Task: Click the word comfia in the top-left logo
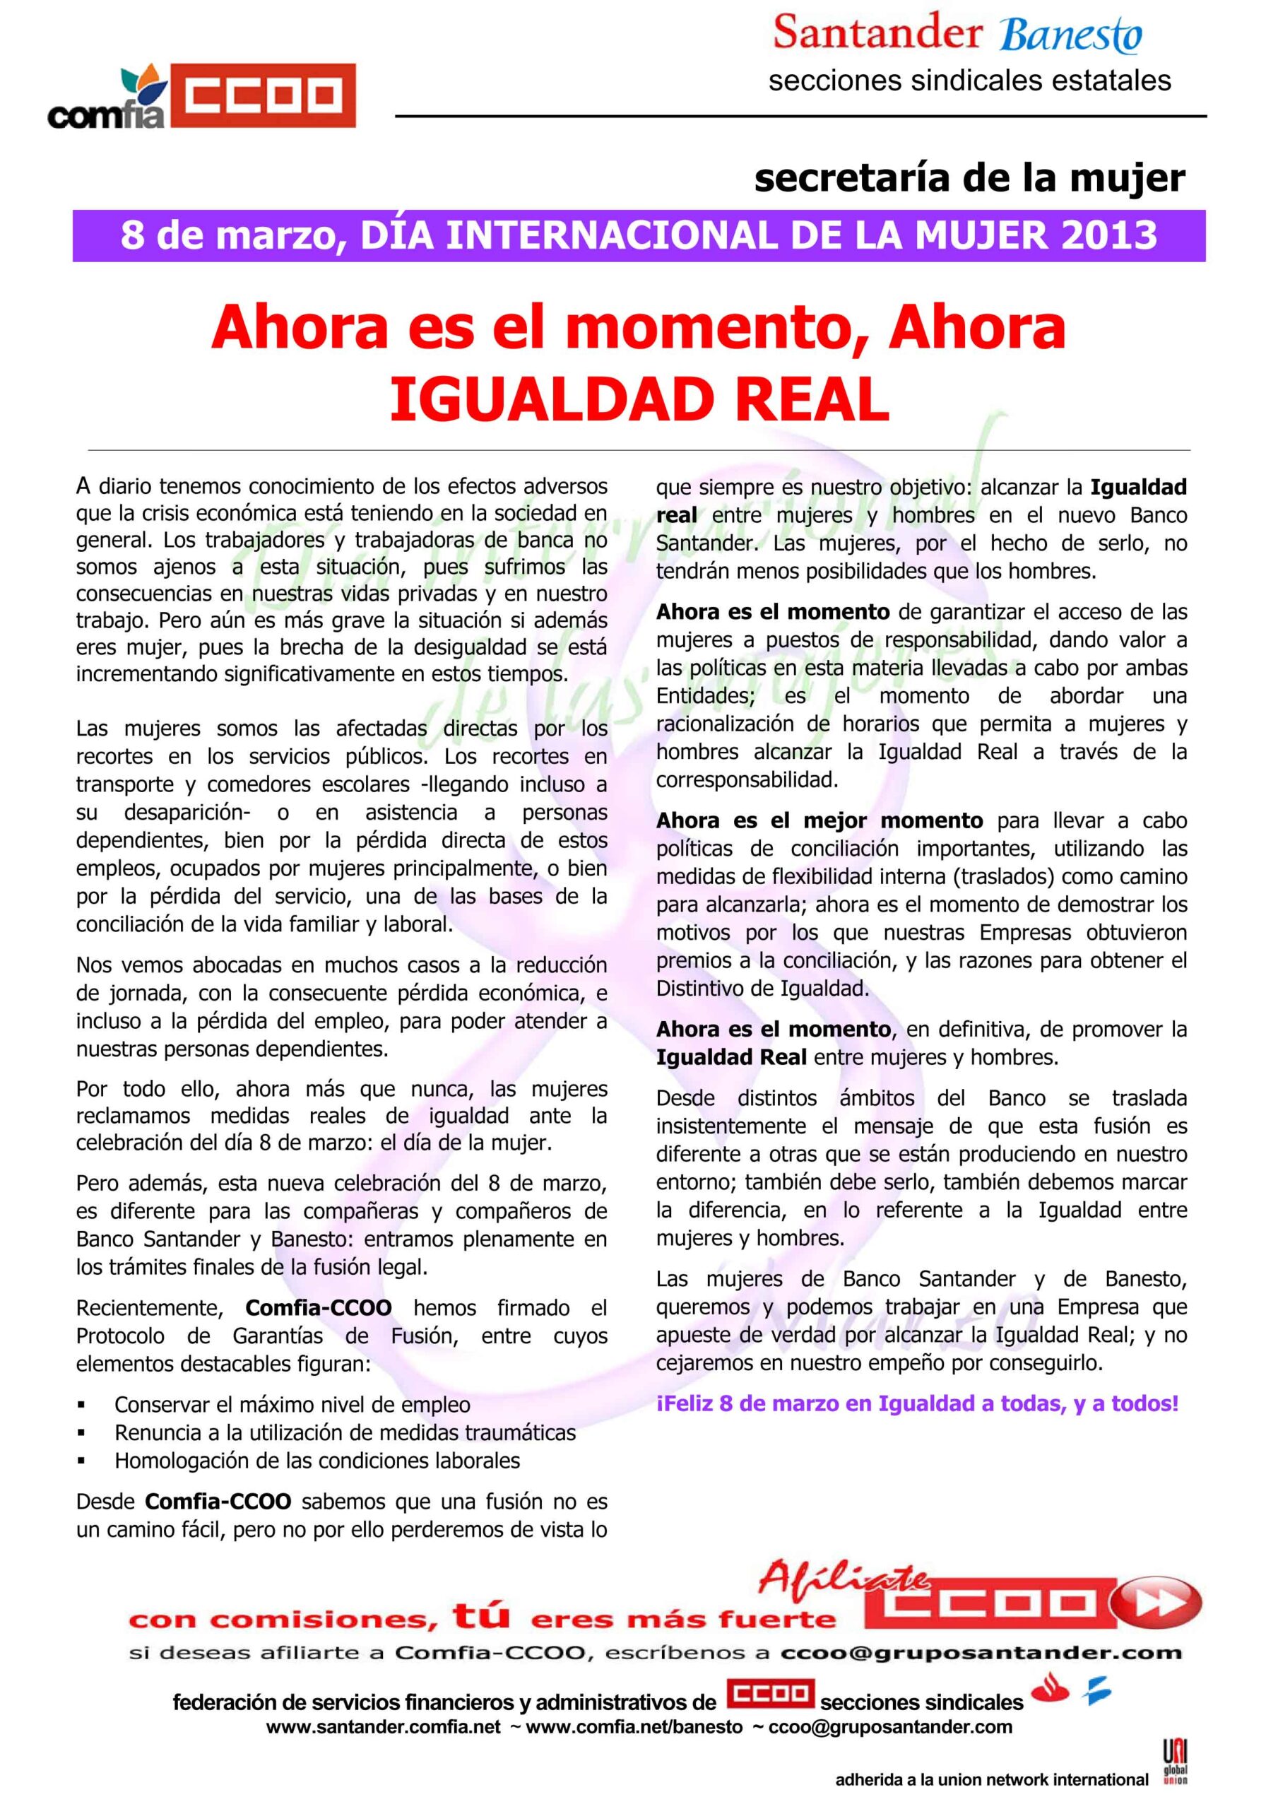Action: (x=107, y=116)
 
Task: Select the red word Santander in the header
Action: (x=877, y=33)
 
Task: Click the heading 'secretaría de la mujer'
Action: (x=969, y=178)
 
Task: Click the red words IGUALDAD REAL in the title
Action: (x=639, y=400)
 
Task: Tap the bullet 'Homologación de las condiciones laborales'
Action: (x=316, y=1460)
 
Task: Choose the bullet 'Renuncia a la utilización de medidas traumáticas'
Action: (x=345, y=1432)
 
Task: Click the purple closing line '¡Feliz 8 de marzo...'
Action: (x=917, y=1403)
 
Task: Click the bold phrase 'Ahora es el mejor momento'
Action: (x=820, y=820)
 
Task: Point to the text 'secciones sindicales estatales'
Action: (x=969, y=81)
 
